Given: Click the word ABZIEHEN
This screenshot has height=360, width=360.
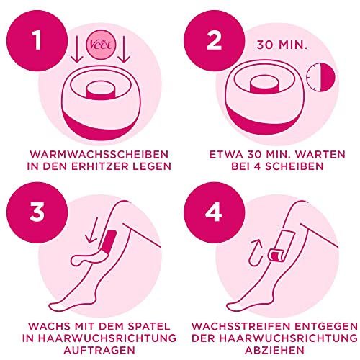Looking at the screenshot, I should click(270, 351).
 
